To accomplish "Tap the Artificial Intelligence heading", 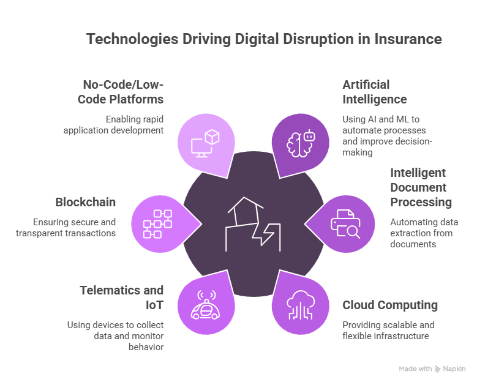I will coord(374,92).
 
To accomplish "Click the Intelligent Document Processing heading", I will coord(421,187).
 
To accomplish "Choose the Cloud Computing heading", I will coord(390,305).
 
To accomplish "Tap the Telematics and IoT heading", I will coord(122,298).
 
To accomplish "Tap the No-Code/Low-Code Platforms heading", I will coord(121,92).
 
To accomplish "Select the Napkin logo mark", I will coord(438,369).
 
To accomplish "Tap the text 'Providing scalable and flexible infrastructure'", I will coord(388,330).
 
